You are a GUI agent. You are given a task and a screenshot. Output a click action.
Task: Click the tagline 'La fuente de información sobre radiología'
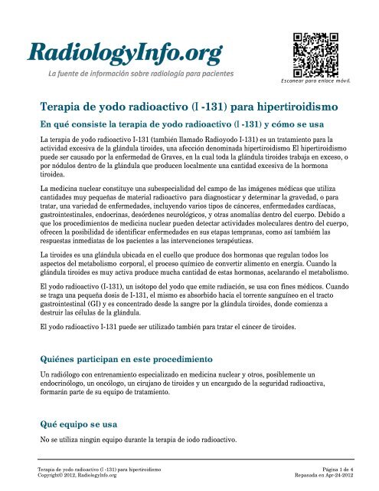coord(141,74)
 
